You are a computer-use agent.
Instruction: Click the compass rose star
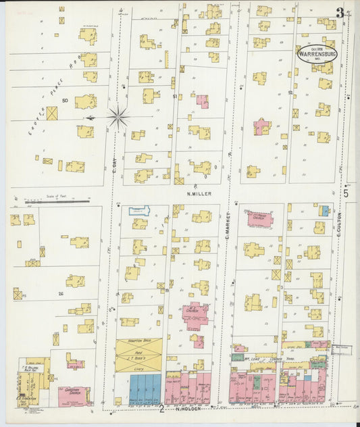tap(118, 118)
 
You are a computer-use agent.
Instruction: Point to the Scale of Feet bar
tap(51, 201)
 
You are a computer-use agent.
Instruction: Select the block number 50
tap(65, 101)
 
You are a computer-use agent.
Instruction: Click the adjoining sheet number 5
tap(345, 194)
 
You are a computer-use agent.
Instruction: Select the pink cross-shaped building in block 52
tap(261, 126)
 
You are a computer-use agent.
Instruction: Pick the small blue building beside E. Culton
tap(325, 211)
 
